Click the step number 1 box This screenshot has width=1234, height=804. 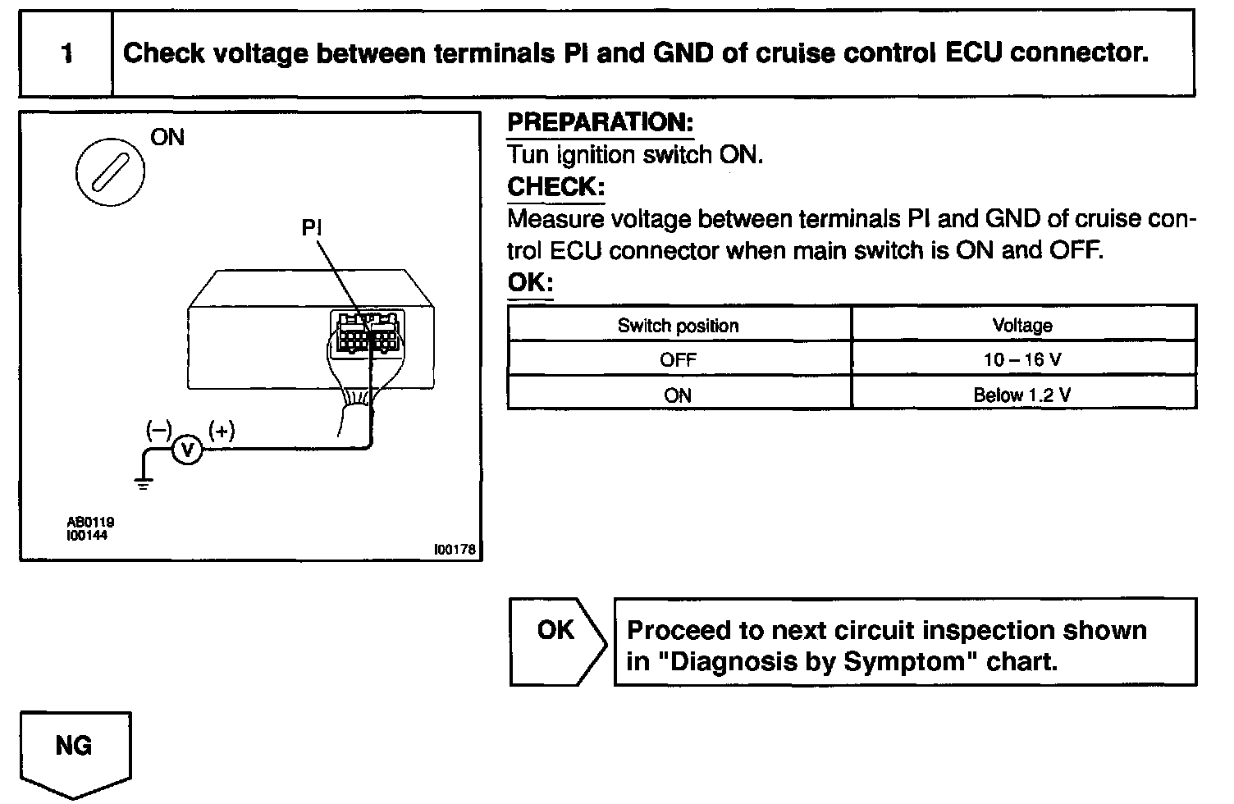(x=66, y=54)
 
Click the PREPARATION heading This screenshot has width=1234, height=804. (x=600, y=123)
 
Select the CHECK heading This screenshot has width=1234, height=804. (x=555, y=187)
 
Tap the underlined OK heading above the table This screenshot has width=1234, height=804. (x=530, y=283)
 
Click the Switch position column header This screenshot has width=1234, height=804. (x=678, y=326)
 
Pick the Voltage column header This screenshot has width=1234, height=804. (x=1022, y=326)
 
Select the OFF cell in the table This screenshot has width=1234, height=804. (x=678, y=360)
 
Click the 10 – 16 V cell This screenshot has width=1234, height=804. (x=1022, y=360)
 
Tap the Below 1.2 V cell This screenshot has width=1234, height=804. (x=1022, y=395)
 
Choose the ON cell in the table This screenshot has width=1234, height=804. (x=678, y=395)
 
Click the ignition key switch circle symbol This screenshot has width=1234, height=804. (x=110, y=173)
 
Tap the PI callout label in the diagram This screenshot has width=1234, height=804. (x=312, y=227)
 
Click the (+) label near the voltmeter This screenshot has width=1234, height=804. (x=222, y=431)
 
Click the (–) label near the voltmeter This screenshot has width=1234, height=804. (x=158, y=431)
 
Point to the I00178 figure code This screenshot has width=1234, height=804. (x=455, y=550)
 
